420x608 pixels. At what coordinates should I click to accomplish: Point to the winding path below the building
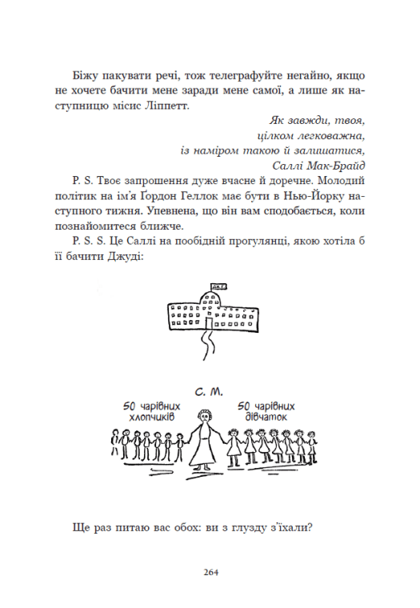point(210,349)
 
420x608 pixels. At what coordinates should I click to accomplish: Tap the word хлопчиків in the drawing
point(150,417)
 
